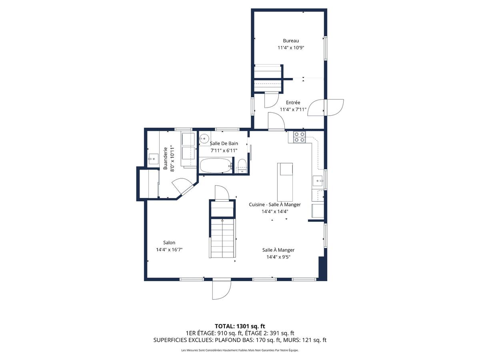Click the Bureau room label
291,40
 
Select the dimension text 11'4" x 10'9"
291,48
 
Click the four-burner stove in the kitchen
300,137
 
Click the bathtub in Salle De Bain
216,166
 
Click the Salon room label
169,242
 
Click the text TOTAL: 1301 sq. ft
240,326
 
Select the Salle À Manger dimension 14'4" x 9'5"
278,257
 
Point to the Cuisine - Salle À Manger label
274,204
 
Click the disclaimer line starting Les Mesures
240,350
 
